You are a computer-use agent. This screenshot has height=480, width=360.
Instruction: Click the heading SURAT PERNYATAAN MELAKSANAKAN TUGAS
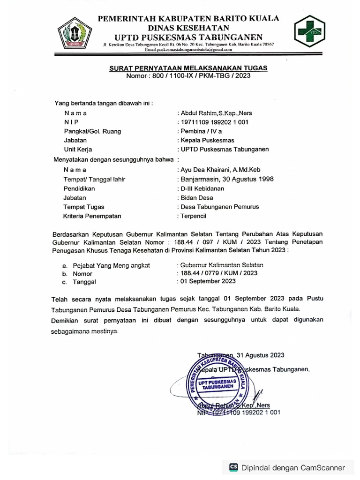[x=188, y=68]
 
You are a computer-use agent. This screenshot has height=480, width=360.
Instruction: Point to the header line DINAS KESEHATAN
[x=188, y=28]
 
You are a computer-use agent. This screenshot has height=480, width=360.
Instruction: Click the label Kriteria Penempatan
[x=92, y=216]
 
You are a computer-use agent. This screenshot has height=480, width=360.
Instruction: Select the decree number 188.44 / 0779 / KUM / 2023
[x=218, y=273]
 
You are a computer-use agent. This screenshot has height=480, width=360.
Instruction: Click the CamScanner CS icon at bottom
[x=233, y=467]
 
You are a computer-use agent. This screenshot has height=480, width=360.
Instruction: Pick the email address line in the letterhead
[x=188, y=49]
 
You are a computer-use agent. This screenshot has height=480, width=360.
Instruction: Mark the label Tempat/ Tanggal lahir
[x=94, y=179]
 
